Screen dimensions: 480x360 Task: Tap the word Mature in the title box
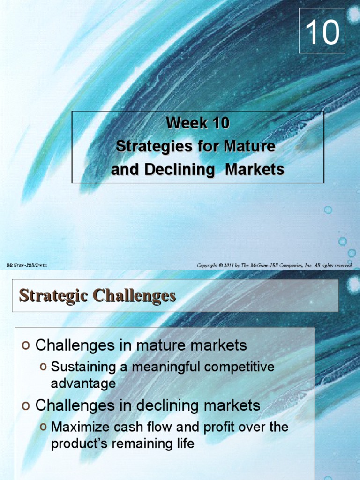coord(250,146)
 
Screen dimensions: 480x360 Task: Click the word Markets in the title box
coord(255,169)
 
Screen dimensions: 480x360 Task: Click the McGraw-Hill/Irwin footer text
coord(27,265)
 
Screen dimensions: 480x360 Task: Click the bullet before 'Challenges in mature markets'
coord(26,346)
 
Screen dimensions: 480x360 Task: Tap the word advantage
coord(83,383)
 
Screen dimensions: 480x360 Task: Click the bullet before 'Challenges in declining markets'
coord(26,405)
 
